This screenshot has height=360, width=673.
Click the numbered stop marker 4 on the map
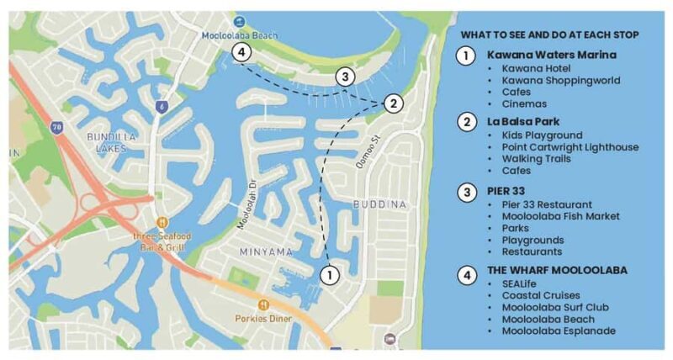(241, 52)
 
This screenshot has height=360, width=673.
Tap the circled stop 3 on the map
(343, 77)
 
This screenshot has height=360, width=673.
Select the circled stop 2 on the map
(392, 103)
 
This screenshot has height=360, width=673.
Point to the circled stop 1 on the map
(331, 273)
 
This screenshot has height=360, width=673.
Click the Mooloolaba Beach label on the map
(238, 34)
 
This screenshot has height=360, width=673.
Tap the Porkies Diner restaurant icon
(264, 304)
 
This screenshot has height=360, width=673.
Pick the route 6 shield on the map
(160, 107)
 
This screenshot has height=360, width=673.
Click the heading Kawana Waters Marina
(551, 55)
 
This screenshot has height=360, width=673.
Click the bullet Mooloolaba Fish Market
(560, 216)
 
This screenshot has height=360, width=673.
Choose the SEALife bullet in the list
(521, 283)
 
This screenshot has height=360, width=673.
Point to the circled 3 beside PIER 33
(465, 191)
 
